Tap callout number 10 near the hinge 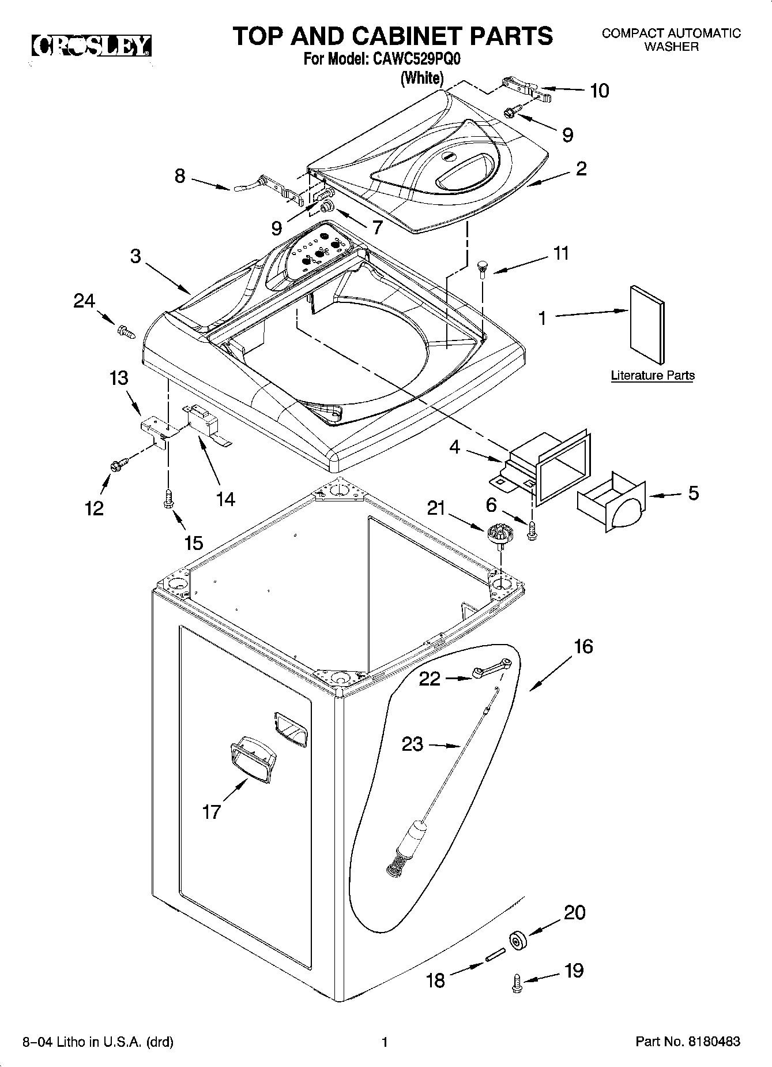point(600,91)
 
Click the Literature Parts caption point(652,376)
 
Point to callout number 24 point(84,301)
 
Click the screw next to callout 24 point(125,331)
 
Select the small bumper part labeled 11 point(482,268)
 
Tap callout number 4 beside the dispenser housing point(455,447)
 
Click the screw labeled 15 point(168,499)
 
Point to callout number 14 point(225,499)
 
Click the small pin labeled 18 point(496,957)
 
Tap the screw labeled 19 point(517,983)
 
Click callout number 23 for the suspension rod point(412,744)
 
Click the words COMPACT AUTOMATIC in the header point(671,33)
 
